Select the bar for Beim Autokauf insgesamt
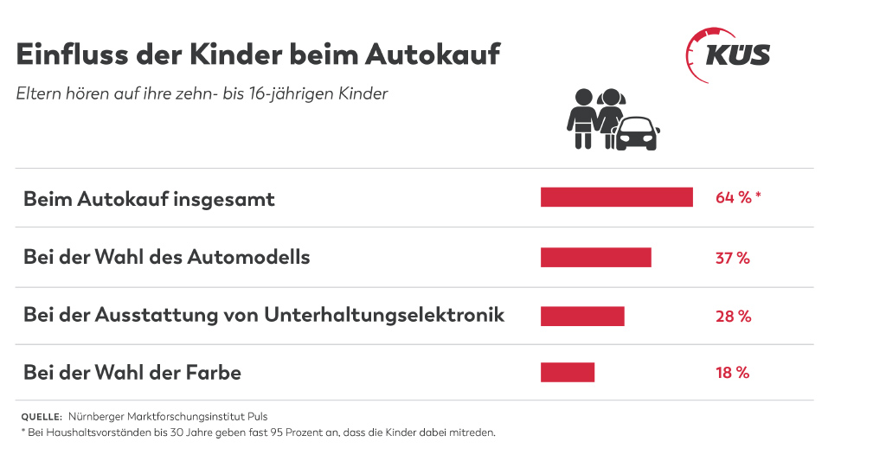coord(616,197)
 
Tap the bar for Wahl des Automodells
coord(595,257)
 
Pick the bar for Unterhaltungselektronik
coord(582,316)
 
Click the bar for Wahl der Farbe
coord(568,372)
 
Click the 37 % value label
coord(732,257)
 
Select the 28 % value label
coord(733,316)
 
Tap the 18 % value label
coord(732,373)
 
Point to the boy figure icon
coord(581,118)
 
